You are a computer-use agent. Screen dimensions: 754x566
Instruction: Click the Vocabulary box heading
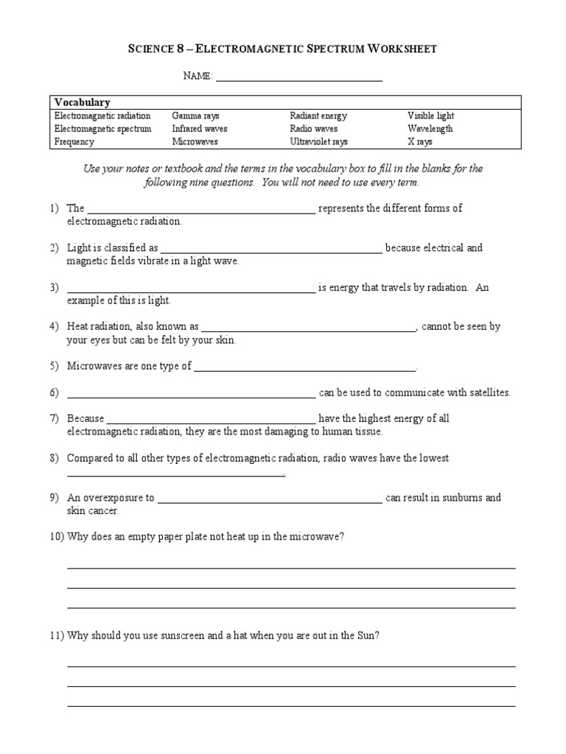82,103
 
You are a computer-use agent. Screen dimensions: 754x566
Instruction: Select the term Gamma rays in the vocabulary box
196,116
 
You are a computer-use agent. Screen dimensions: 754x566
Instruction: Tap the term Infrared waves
200,129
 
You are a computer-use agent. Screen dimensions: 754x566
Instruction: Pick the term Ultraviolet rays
318,141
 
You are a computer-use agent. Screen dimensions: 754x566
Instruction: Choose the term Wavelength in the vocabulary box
430,129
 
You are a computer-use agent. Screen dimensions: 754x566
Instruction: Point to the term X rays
420,141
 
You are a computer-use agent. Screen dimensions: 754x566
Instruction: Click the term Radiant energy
318,116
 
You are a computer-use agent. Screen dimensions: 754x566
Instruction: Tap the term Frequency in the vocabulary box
74,141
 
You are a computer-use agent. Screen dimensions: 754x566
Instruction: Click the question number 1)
55,208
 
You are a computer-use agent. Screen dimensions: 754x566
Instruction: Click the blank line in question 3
191,292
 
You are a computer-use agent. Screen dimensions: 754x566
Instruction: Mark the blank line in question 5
305,370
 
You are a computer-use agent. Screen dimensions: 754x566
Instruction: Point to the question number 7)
55,418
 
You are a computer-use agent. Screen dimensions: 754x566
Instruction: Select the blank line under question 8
175,476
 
